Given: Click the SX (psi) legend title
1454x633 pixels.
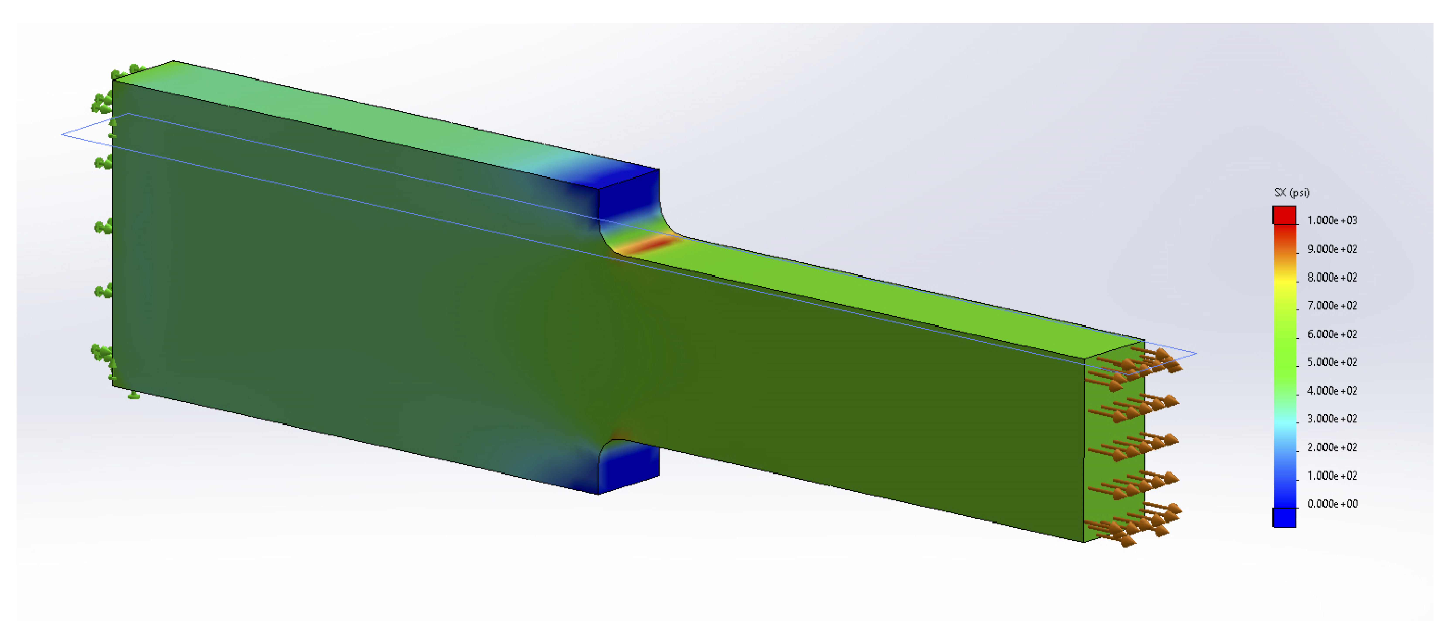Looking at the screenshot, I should (1291, 192).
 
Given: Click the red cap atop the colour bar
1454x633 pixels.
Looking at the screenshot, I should (1284, 215).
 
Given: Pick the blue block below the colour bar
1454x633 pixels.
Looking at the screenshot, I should (1284, 517).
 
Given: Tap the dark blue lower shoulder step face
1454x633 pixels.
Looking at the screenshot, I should (628, 468).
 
